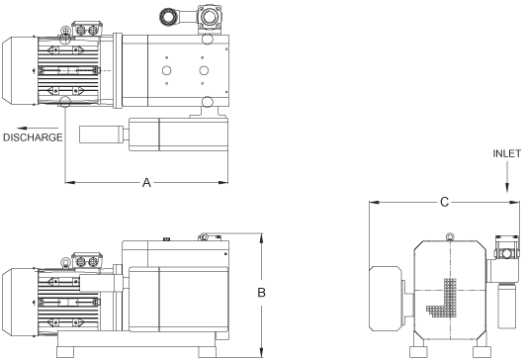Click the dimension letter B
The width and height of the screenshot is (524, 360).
[x=262, y=292]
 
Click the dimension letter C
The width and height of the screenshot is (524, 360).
[x=445, y=202]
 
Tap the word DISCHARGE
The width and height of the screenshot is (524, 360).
[x=33, y=138]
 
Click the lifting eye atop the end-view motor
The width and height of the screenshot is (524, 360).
[x=450, y=237]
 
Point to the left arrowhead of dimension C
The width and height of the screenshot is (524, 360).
[x=373, y=202]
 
